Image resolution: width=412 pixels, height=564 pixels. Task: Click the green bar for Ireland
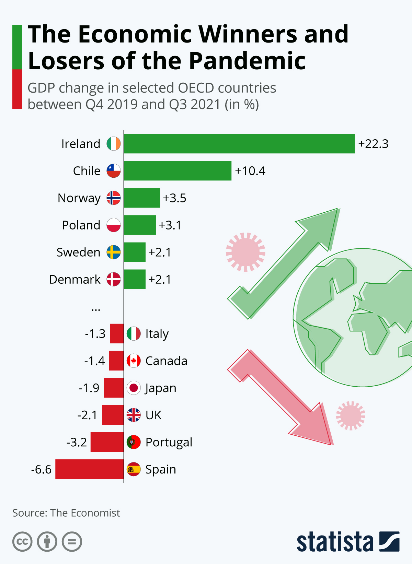tap(239, 143)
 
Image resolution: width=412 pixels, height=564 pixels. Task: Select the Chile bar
tap(178, 171)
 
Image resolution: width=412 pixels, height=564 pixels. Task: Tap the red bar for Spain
tap(89, 469)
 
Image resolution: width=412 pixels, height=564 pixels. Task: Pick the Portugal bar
tap(107, 442)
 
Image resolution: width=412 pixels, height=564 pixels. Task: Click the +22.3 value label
tap(373, 144)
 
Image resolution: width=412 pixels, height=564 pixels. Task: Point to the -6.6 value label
tap(41, 469)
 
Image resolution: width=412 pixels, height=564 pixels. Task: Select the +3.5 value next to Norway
tap(174, 198)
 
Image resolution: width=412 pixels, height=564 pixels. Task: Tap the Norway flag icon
tap(114, 198)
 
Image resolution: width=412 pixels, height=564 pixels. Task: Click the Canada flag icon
tap(134, 361)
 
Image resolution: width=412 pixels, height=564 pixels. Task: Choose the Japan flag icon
tap(134, 388)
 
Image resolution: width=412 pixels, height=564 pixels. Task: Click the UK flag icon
tap(134, 415)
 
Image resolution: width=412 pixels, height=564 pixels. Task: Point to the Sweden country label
tap(78, 252)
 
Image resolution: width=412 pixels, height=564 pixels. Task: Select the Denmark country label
tap(75, 280)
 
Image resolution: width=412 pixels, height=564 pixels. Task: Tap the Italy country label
tap(157, 334)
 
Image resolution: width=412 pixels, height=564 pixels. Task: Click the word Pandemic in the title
tap(247, 61)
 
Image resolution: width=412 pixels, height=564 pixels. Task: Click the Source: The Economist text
tap(66, 513)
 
